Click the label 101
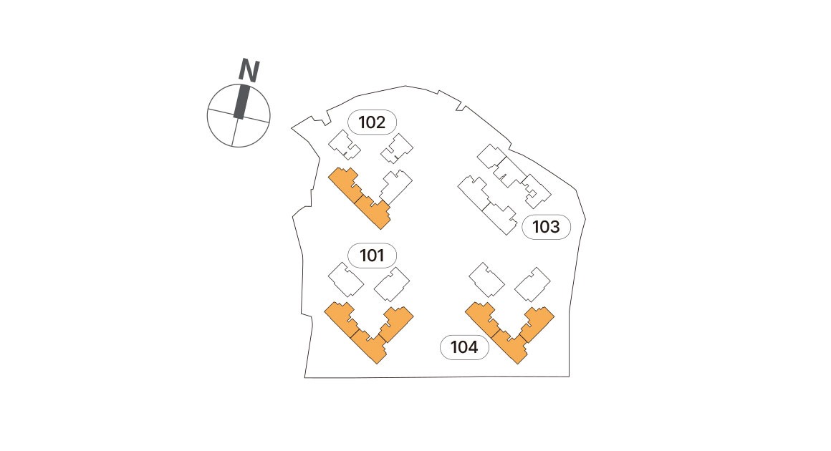(x=372, y=255)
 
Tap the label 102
(x=372, y=122)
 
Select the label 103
(x=546, y=228)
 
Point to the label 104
(x=463, y=348)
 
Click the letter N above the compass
(x=248, y=70)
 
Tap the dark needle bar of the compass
(x=241, y=102)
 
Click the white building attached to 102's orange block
(x=396, y=185)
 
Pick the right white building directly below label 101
(x=392, y=283)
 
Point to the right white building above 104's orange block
(x=532, y=283)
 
